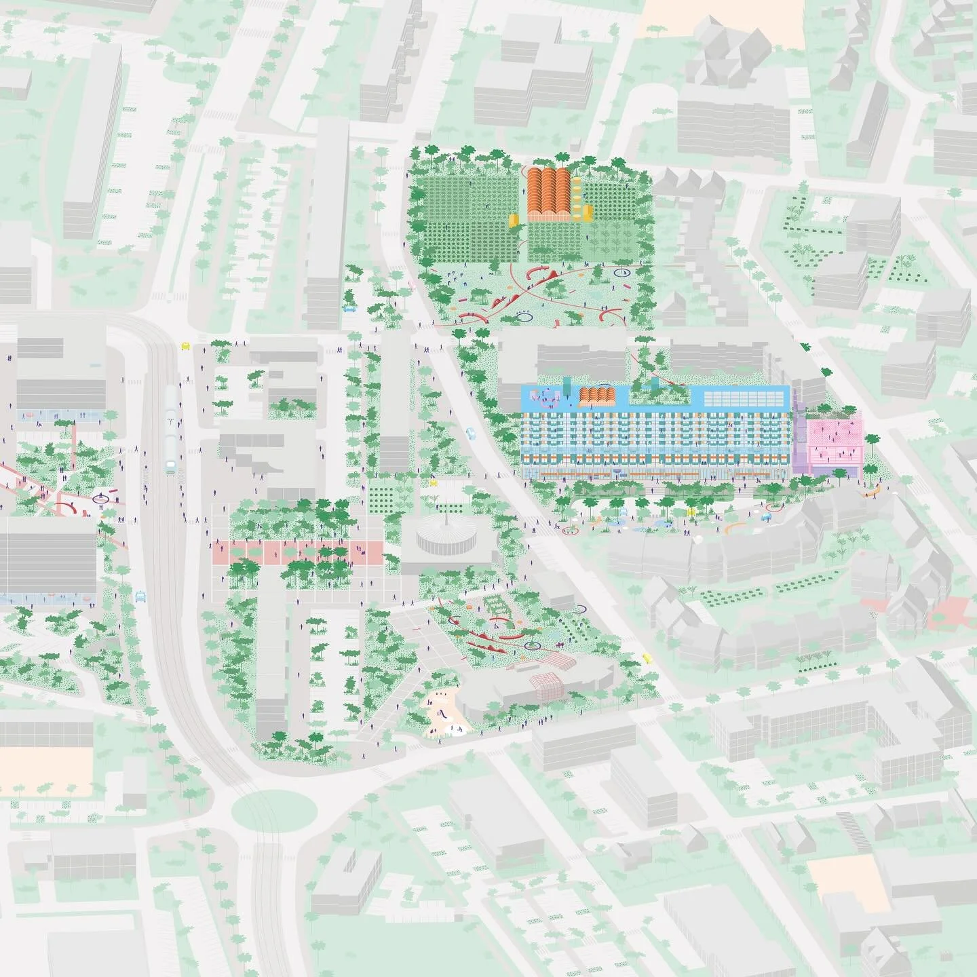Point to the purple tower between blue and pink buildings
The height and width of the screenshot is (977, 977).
(800, 441)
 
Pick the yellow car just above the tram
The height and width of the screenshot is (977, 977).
(185, 345)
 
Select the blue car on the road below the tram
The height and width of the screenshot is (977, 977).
(140, 596)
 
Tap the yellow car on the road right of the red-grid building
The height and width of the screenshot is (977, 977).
(647, 657)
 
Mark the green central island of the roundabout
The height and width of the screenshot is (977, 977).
(274, 809)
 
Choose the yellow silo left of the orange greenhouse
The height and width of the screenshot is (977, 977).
(514, 218)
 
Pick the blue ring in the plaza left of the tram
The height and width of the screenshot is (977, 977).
(102, 499)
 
